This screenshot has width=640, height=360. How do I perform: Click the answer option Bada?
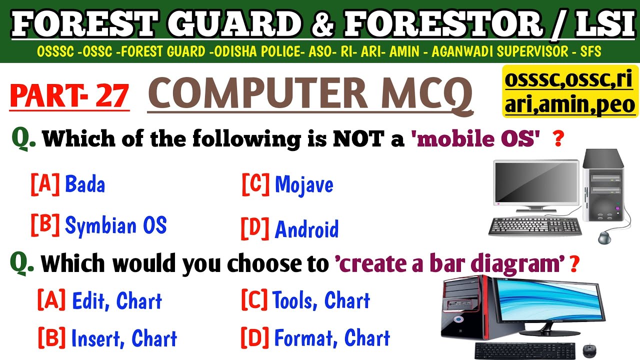84,185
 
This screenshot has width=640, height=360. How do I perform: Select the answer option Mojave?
303,185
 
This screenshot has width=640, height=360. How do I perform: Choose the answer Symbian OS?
115,225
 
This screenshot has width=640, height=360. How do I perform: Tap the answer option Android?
306,229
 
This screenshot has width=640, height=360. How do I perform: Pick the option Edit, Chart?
116,301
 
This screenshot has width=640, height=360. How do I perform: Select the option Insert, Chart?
123,338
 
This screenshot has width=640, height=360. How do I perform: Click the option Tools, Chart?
321,300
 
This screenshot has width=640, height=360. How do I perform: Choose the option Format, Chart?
331,338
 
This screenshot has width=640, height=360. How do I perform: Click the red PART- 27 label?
69,96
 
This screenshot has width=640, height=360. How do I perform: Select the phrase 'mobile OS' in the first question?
477,139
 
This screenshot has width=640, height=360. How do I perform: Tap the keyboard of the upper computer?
535,226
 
